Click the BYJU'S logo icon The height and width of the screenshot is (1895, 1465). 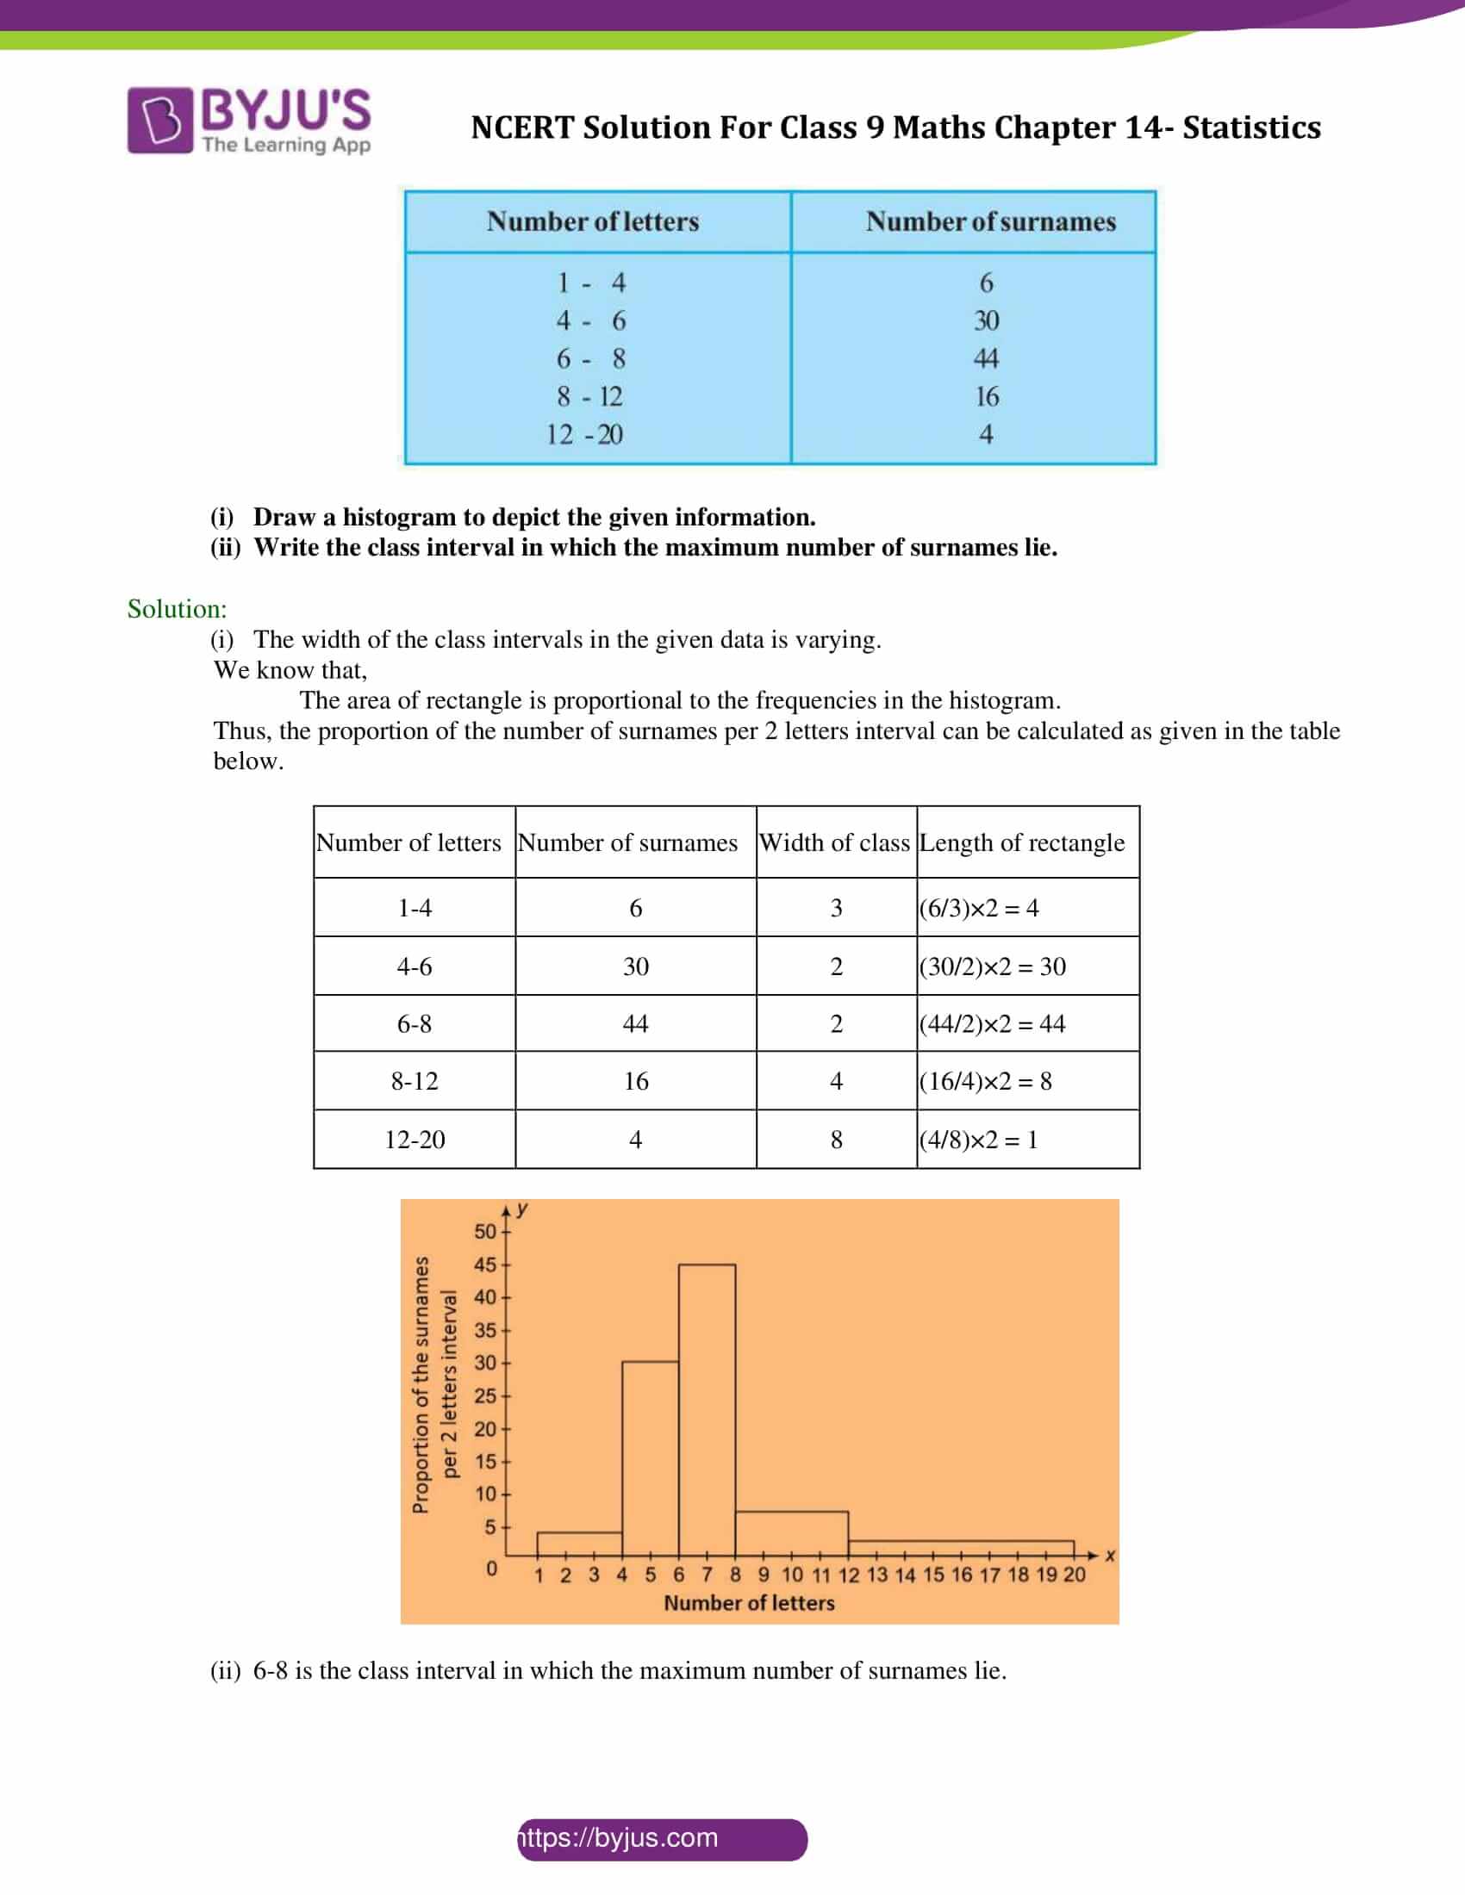coord(159,121)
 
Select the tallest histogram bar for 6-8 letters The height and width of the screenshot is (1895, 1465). coord(707,1409)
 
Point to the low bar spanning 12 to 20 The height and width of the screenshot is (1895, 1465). coord(961,1548)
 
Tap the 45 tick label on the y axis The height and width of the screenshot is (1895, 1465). coord(484,1265)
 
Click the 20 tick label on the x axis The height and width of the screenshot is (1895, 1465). coord(1074,1575)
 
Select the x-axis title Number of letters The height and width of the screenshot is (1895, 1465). coord(749,1604)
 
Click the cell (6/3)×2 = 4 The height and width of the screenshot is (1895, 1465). coord(979,908)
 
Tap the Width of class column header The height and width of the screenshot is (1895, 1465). coord(835,842)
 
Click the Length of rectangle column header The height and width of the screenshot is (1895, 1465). coord(1021,842)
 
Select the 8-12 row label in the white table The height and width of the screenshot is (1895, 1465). coord(414,1081)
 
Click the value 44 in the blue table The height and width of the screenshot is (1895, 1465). coord(986,358)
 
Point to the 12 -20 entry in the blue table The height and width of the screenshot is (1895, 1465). coord(584,434)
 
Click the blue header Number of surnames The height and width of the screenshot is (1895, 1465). coord(990,222)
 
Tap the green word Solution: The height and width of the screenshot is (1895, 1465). coord(177,609)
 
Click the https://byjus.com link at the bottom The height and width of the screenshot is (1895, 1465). coord(620,1839)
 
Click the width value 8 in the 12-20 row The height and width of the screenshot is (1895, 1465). coord(836,1140)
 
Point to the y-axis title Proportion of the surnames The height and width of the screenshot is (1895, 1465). coord(421,1385)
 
